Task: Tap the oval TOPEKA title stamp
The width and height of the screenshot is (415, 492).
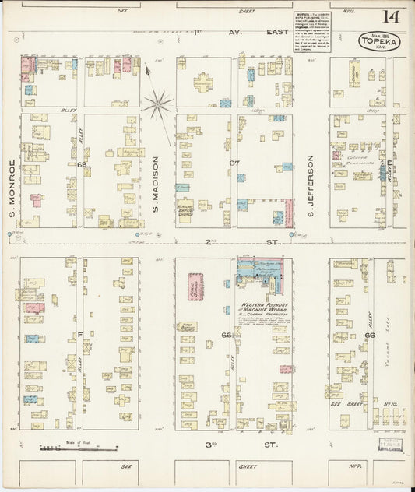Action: click(x=379, y=41)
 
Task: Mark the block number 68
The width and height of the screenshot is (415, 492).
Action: click(x=81, y=165)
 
